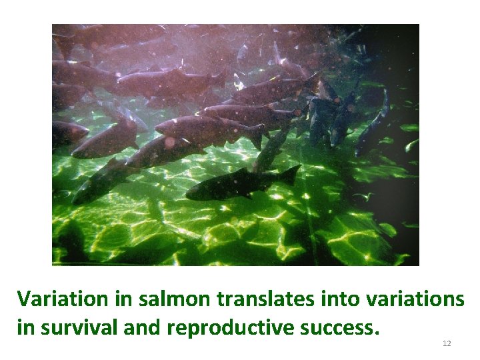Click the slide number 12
pos(447,343)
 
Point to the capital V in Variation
pos(24,299)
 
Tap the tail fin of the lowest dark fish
pos(289,175)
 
